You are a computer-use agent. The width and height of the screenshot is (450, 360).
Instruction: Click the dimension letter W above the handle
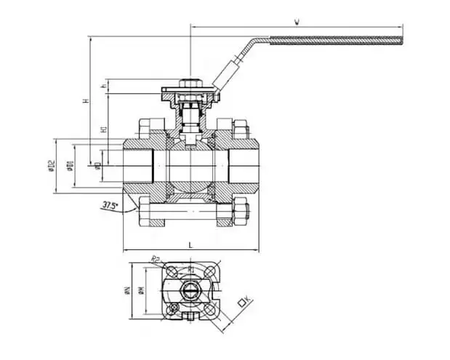coord(297,22)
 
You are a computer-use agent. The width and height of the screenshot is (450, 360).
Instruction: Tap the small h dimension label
coord(103,86)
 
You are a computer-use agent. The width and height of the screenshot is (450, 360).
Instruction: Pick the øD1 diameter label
coord(70,167)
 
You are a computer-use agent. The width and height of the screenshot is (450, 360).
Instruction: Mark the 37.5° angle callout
coord(110,206)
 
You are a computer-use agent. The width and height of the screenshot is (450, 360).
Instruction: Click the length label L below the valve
coord(190,246)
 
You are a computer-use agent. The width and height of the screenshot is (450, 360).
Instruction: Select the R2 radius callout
coord(155,258)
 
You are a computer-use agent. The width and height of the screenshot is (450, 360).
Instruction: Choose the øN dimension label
coord(126,290)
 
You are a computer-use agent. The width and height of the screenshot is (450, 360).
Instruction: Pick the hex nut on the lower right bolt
coord(241,213)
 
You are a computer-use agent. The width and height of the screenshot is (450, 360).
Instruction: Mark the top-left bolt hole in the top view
coord(172,271)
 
